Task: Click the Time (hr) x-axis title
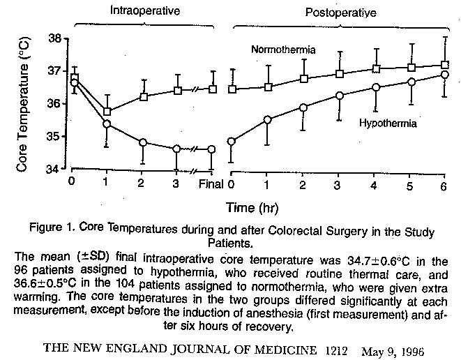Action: [249, 207]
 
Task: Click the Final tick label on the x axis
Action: [210, 185]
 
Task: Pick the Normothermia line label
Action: [284, 50]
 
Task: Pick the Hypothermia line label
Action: [388, 123]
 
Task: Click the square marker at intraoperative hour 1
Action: [107, 112]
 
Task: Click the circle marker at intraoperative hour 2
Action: [142, 142]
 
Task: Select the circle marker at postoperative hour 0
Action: [231, 141]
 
